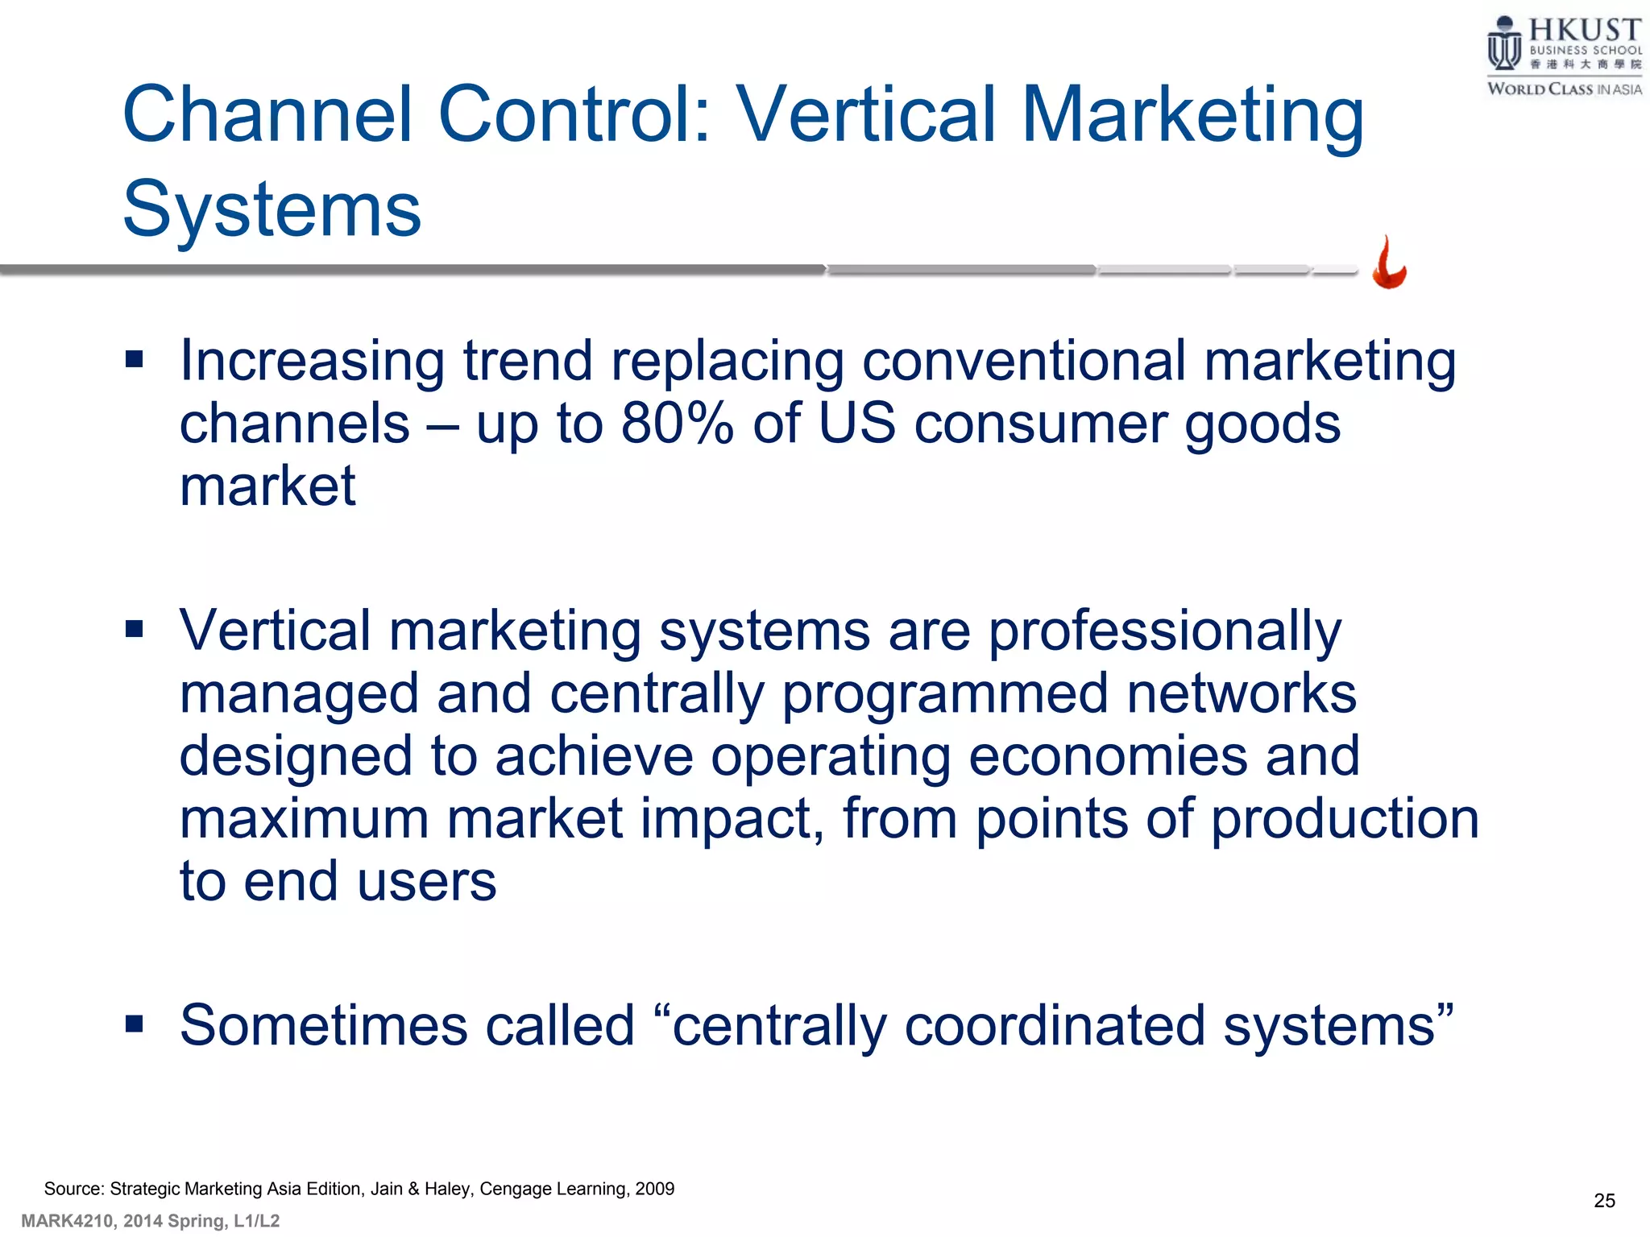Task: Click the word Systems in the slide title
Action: click(272, 209)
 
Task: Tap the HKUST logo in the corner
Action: click(1564, 56)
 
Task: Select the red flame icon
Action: click(1389, 263)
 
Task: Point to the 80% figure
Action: click(677, 424)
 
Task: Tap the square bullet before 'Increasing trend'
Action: click(135, 358)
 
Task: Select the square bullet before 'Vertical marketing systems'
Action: click(135, 628)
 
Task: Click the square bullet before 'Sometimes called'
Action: click(135, 1024)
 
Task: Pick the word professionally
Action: click(1164, 631)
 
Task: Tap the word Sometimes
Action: click(323, 1026)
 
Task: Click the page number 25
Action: click(1604, 1201)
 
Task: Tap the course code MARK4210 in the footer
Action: click(68, 1221)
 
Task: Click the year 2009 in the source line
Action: click(654, 1189)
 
